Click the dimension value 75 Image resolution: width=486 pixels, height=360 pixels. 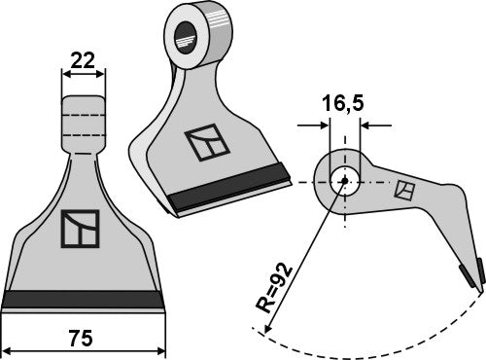(84, 339)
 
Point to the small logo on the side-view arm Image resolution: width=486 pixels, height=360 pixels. (401, 192)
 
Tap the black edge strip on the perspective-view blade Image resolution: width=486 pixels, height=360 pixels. (230, 189)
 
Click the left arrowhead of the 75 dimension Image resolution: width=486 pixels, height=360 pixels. (9, 348)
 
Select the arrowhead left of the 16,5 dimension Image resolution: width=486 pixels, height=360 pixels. (323, 125)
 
